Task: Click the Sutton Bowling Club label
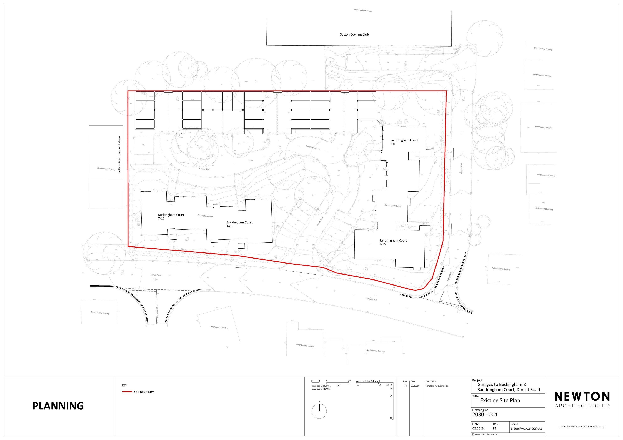click(354, 34)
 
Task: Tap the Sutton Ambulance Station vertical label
click(119, 155)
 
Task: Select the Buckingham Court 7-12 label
click(171, 217)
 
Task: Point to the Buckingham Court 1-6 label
click(239, 224)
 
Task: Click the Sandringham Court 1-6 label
click(404, 142)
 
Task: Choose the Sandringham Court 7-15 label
click(393, 242)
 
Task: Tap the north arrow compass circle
click(319, 411)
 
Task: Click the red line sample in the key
click(127, 392)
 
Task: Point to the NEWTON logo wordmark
click(582, 397)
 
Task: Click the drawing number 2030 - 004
click(485, 414)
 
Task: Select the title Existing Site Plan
click(500, 400)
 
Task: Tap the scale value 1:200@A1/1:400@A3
click(526, 429)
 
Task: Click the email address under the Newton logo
click(582, 427)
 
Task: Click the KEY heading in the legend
click(124, 385)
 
